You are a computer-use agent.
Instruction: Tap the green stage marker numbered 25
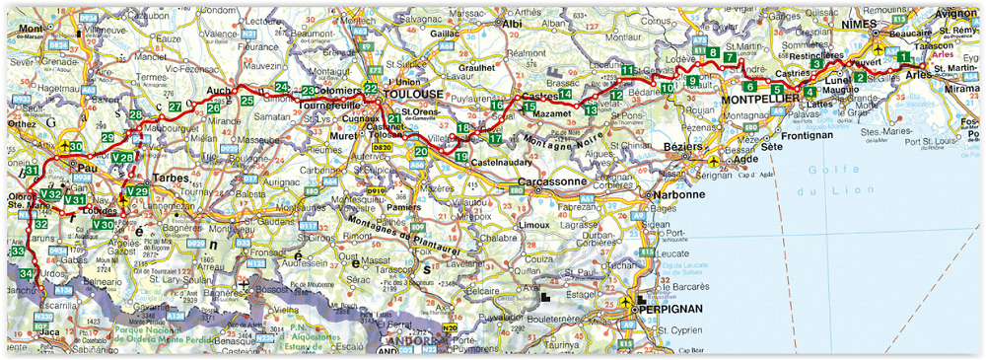[x=246, y=101]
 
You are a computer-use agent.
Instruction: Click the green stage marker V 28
[x=123, y=157]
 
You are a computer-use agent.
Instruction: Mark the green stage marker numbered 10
[x=668, y=88]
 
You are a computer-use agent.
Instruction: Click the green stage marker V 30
[x=103, y=225]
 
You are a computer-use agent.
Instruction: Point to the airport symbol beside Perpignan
[x=624, y=303]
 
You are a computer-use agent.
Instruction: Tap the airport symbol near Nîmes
[x=878, y=46]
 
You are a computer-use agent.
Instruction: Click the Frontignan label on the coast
[x=807, y=135]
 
